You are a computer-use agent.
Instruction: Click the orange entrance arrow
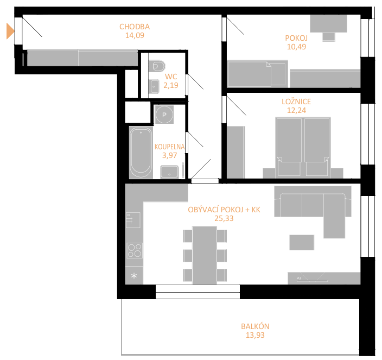tap(10, 31)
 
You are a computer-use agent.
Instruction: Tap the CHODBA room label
tap(135, 27)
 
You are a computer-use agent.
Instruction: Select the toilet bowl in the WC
tap(157, 66)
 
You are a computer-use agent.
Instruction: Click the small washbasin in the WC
tap(155, 86)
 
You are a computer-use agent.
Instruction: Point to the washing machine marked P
tap(164, 115)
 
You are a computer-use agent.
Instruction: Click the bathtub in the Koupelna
tap(141, 153)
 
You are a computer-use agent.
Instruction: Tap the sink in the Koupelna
tap(169, 172)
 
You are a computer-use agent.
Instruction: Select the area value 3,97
tap(169, 155)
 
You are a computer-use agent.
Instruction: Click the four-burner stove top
tap(135, 250)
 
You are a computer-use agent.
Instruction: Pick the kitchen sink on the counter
tap(133, 220)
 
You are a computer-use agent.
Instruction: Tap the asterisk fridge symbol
tap(134, 276)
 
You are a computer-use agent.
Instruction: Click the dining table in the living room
tap(205, 255)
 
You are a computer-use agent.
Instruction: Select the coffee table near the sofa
tap(302, 242)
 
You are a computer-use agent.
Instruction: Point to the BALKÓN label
tap(255, 326)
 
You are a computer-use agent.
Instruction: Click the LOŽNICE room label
tap(296, 102)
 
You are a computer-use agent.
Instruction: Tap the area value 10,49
tap(296, 47)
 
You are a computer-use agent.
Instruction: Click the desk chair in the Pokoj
tap(329, 37)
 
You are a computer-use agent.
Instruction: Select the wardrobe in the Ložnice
tap(236, 153)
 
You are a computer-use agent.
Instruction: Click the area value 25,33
tap(224, 218)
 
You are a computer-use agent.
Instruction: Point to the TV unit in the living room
tap(324, 278)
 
